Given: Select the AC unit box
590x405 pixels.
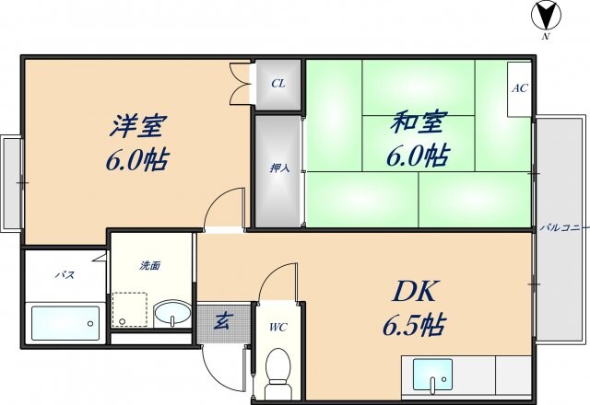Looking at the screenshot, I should (518, 89).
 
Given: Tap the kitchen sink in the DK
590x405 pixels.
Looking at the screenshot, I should (433, 376).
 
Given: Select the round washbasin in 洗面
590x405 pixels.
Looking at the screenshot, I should (168, 314).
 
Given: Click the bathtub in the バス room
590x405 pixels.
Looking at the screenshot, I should (65, 322).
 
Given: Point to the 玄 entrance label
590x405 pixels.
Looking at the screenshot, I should (223, 321).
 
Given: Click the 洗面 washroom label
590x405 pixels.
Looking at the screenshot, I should (150, 266).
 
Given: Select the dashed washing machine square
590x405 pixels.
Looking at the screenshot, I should (129, 310).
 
